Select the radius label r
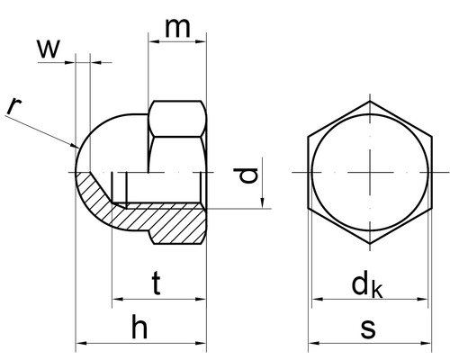13,106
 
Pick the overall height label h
138,328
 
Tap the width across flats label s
368,328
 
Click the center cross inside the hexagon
370,172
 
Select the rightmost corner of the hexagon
432,172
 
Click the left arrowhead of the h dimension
81,343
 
